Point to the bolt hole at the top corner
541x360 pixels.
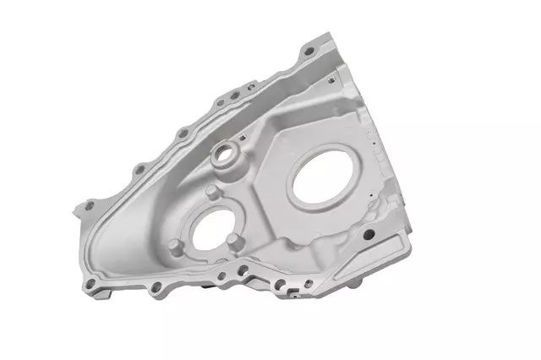pyautogui.click(x=309, y=52)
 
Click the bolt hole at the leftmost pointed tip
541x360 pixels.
pyautogui.click(x=90, y=205)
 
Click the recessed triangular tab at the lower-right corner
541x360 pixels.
pyautogui.click(x=385, y=253)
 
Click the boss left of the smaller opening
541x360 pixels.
pyautogui.click(x=175, y=246)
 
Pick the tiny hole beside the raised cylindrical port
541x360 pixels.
pyautogui.click(x=243, y=138)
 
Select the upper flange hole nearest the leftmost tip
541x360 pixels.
pyautogui.click(x=138, y=170)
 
